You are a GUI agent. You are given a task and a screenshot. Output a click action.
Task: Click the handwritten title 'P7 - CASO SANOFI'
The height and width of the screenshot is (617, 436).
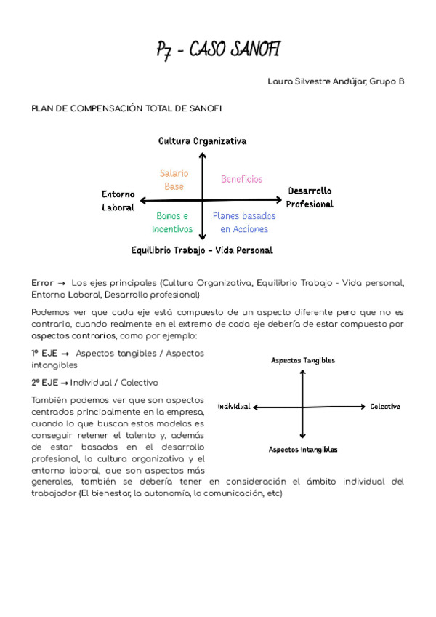(x=218, y=50)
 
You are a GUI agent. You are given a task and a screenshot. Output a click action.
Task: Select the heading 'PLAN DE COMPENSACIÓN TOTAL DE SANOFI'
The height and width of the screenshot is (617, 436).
(x=126, y=108)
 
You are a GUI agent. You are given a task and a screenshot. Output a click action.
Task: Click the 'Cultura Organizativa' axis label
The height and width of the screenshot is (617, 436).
(x=202, y=140)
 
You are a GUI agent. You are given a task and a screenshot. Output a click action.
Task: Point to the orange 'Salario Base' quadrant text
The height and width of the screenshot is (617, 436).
(x=174, y=180)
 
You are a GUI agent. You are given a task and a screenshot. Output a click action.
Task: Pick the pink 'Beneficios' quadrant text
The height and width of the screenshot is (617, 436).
(x=242, y=179)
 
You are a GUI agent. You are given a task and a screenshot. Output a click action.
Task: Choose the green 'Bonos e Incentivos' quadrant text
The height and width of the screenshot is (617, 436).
(x=172, y=223)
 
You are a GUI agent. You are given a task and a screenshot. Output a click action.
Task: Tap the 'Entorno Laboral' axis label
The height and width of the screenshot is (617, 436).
(x=118, y=201)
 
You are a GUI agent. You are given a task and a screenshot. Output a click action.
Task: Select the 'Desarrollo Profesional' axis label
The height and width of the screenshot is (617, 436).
(x=310, y=197)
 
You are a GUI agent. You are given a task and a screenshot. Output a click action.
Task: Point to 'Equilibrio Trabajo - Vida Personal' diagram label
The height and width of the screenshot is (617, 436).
(x=202, y=250)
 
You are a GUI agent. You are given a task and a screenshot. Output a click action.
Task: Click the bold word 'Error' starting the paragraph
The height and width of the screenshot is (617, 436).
(x=42, y=282)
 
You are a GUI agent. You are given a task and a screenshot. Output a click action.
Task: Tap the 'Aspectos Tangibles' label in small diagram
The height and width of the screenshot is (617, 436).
(x=303, y=360)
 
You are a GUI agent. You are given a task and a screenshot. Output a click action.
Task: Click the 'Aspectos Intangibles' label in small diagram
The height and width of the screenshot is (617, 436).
(x=303, y=450)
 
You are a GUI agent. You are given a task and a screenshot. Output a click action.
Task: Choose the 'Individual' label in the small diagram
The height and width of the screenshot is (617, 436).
(x=233, y=406)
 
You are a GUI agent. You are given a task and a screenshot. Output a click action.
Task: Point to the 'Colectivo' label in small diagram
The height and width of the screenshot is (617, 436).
(x=385, y=406)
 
